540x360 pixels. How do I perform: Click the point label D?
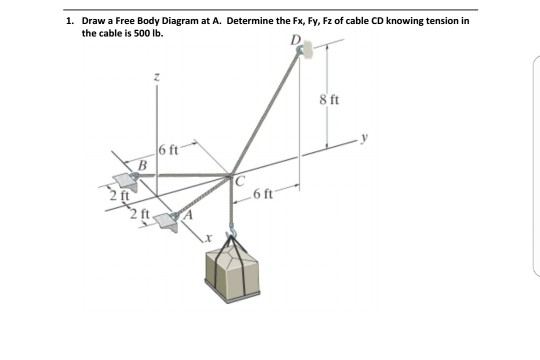295,40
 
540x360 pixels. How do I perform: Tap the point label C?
240,182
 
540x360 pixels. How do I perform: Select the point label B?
142,165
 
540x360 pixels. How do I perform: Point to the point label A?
188,215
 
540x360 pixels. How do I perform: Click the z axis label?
157,78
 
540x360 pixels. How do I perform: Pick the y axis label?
364,137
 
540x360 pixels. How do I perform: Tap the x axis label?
207,237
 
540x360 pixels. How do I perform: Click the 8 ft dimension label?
329,100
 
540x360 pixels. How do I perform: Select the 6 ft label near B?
169,150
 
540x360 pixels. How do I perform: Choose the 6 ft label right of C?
263,194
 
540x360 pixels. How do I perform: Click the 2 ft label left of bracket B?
120,196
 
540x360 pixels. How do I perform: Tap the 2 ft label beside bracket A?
140,214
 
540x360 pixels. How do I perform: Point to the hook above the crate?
232,229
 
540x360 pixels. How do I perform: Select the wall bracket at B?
126,181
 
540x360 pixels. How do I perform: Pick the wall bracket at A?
167,222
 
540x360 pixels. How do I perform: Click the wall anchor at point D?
304,49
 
